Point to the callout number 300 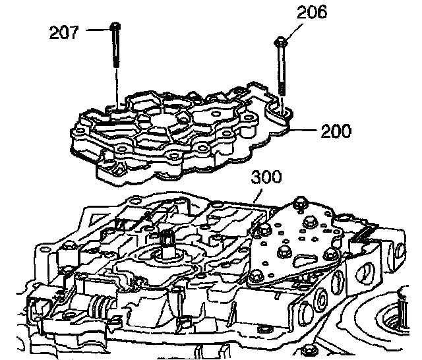[x=266, y=177]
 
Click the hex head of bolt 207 [x=115, y=26]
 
